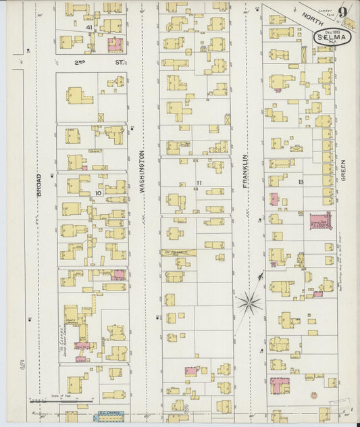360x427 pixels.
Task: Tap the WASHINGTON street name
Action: pyautogui.click(x=143, y=172)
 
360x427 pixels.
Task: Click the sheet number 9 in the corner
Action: pyautogui.click(x=344, y=11)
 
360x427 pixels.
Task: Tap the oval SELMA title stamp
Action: pyautogui.click(x=332, y=36)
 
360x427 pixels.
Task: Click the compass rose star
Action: pyautogui.click(x=249, y=302)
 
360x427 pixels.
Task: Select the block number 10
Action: pyautogui.click(x=98, y=193)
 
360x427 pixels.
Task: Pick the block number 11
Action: pyautogui.click(x=199, y=183)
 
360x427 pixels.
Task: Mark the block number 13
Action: pyautogui.click(x=301, y=182)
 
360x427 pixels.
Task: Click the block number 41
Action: pyautogui.click(x=89, y=27)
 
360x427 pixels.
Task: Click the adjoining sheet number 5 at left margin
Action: pyautogui.click(x=22, y=366)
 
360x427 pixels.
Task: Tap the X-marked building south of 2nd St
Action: pyautogui.click(x=101, y=117)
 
